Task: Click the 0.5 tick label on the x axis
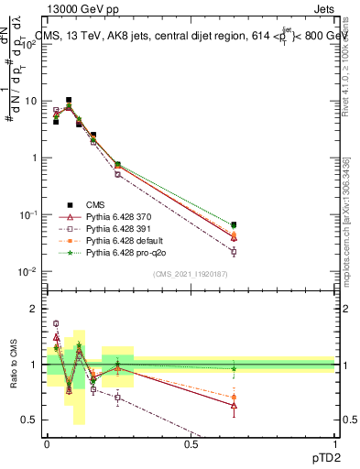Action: (x=191, y=443)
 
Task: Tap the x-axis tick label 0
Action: (x=47, y=443)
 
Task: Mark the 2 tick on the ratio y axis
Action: (x=38, y=309)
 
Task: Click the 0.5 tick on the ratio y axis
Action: (x=34, y=420)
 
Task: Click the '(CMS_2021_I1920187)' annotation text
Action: (x=190, y=274)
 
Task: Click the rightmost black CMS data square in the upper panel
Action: (x=234, y=224)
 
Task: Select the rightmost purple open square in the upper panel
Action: (x=234, y=251)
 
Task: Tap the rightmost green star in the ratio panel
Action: (x=234, y=368)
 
